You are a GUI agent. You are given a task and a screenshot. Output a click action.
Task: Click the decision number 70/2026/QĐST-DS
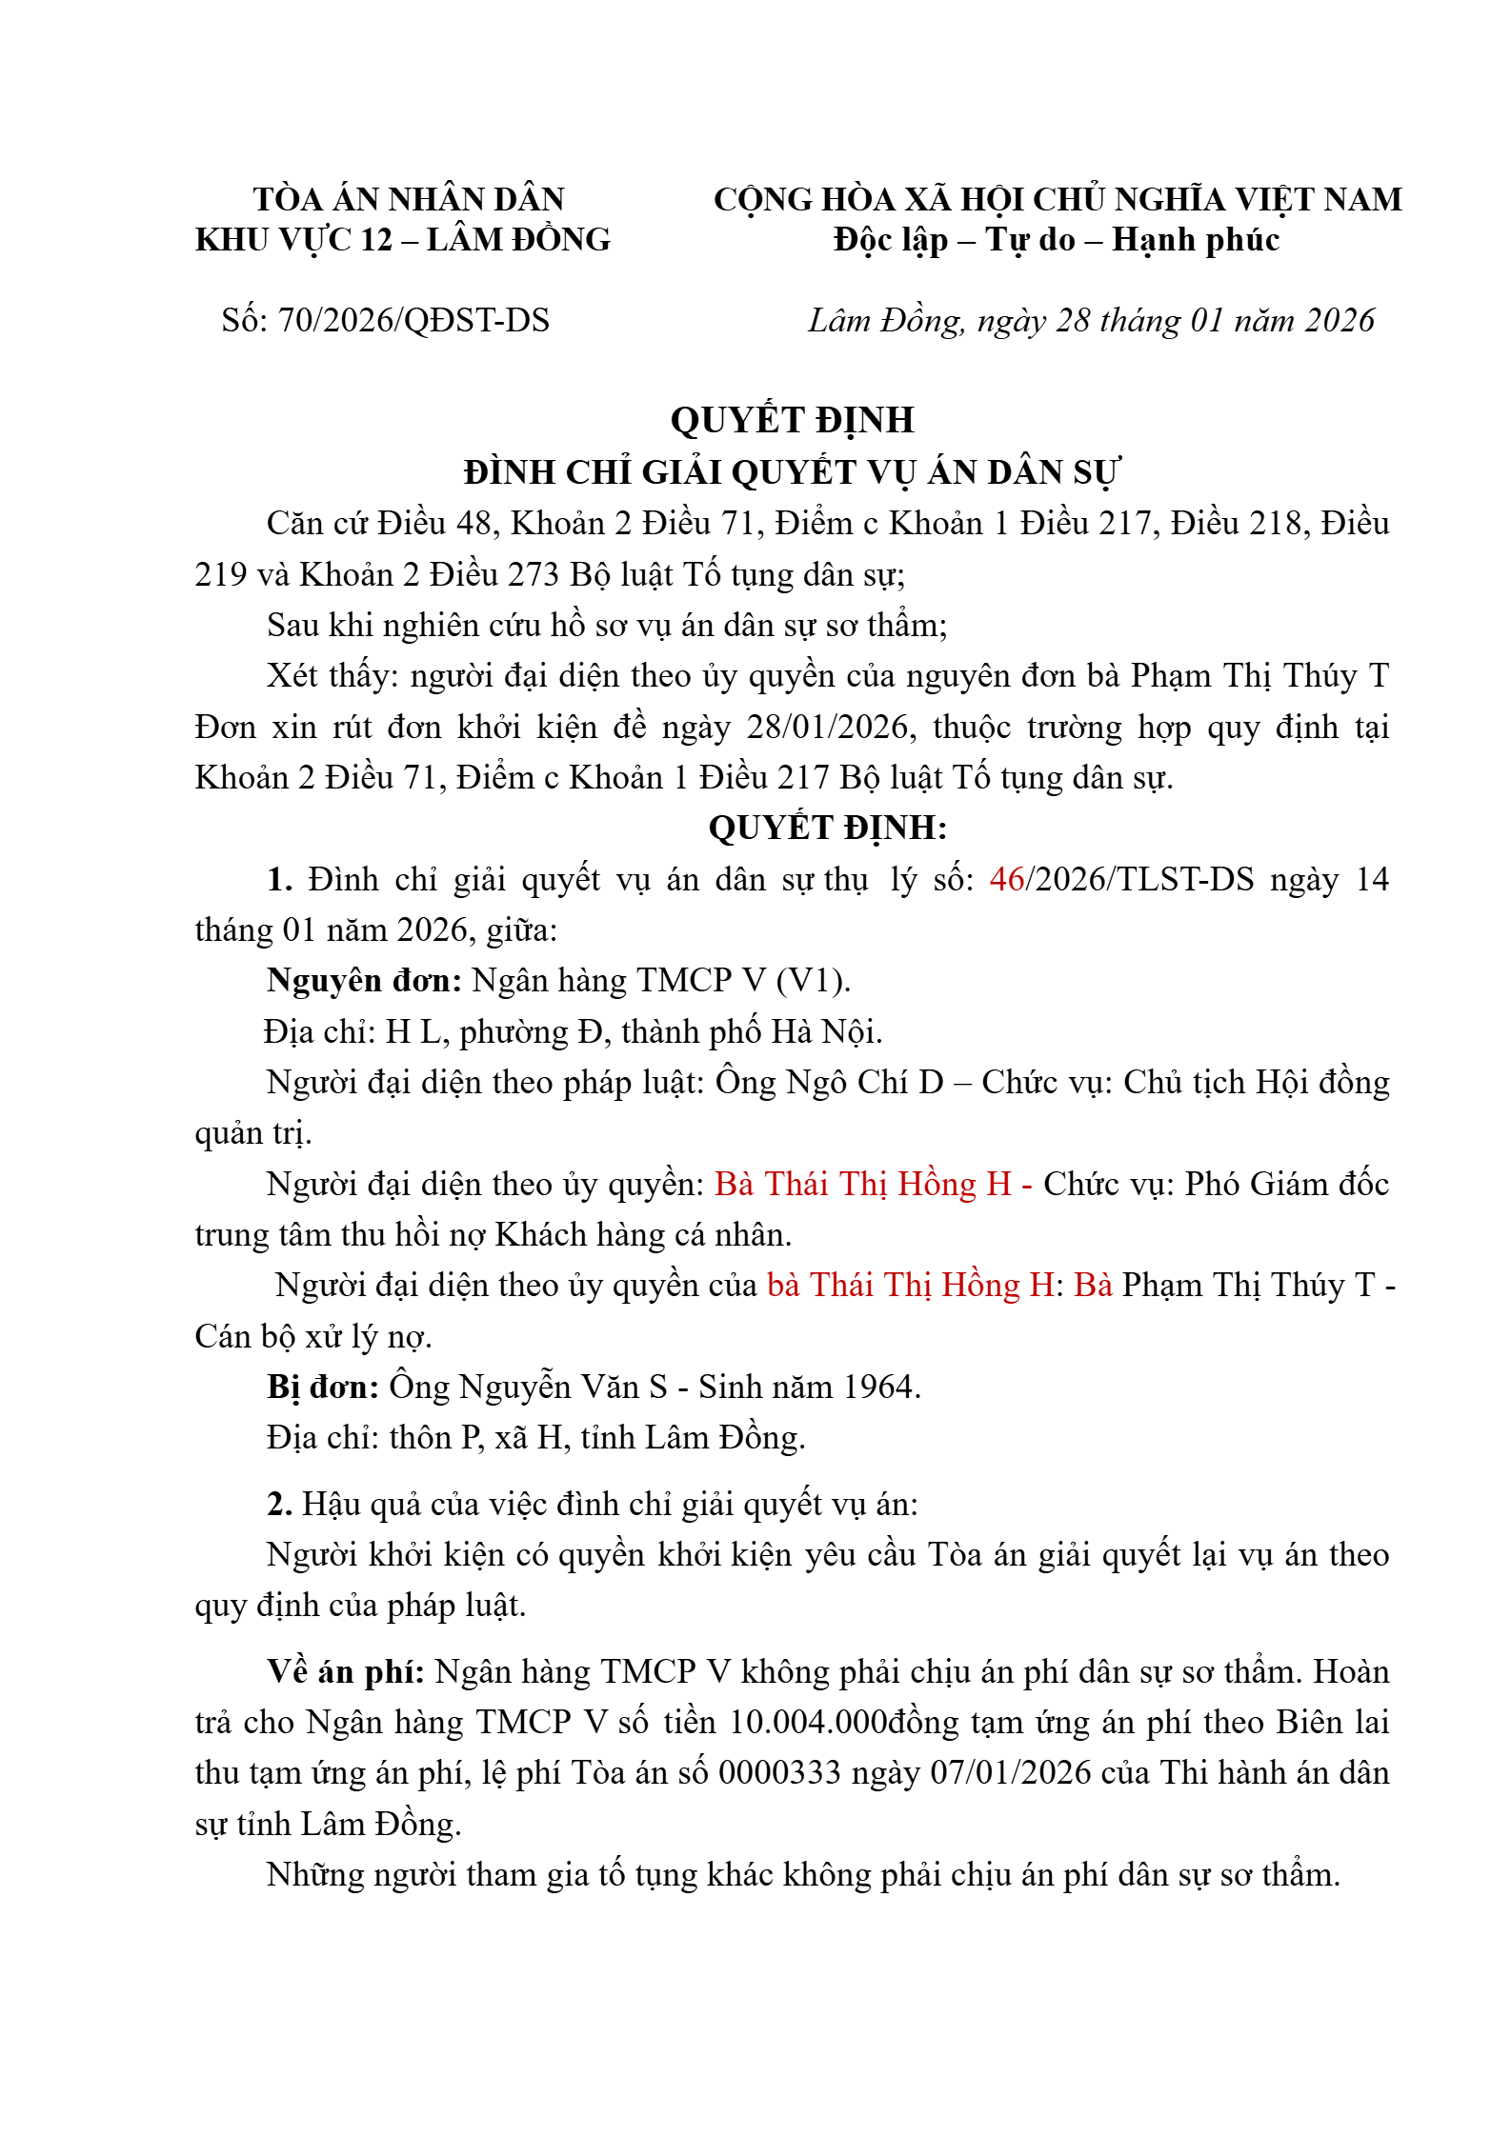(413, 321)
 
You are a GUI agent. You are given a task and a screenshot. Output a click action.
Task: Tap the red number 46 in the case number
(1006, 879)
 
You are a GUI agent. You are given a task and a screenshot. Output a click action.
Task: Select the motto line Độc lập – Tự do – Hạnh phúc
(1056, 240)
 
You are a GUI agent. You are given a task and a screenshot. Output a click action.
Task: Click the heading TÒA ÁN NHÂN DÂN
(409, 199)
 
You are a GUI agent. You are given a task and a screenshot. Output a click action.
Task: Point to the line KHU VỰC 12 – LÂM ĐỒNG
(403, 240)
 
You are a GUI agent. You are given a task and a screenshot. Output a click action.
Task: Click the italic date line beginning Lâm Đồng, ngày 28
(1091, 321)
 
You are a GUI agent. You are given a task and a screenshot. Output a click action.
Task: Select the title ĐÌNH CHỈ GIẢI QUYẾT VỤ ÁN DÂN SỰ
(792, 472)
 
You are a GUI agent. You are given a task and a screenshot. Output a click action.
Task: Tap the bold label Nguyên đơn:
(364, 981)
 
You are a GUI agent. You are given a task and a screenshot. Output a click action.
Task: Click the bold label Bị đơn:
(323, 1388)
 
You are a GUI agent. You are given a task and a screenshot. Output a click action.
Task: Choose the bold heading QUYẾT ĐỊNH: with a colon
(827, 829)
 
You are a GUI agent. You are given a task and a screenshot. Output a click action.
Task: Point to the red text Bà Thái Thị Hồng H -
(873, 1185)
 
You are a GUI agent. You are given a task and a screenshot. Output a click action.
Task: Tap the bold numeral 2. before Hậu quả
(279, 1505)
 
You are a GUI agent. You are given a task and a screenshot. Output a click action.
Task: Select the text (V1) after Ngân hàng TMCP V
(813, 981)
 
